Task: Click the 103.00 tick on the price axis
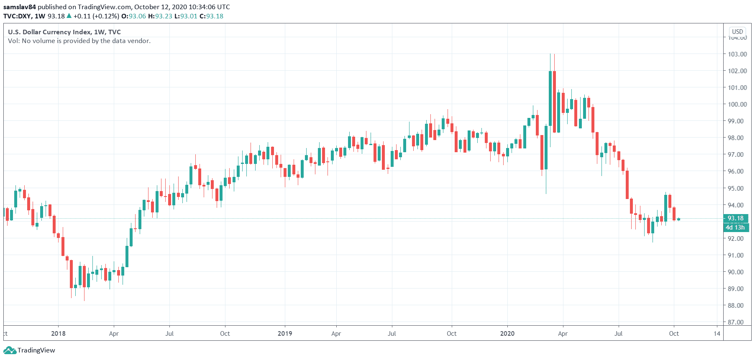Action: [737, 54]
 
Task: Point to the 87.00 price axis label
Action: [735, 322]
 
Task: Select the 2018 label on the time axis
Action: [58, 333]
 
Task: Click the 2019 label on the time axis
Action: [285, 333]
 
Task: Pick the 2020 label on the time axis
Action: [507, 333]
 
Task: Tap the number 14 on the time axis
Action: [717, 333]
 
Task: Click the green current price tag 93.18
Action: [736, 218]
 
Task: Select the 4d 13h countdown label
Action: [735, 227]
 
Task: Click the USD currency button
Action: [737, 32]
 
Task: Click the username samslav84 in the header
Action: [20, 7]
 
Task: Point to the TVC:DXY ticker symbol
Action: [18, 16]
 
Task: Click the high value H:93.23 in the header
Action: [160, 16]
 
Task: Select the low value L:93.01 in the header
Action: [186, 16]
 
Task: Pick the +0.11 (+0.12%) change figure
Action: [96, 16]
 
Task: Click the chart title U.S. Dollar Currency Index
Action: [49, 32]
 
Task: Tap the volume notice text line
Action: [79, 41]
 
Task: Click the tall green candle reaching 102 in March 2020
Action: [550, 98]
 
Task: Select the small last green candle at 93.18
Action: [678, 219]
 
